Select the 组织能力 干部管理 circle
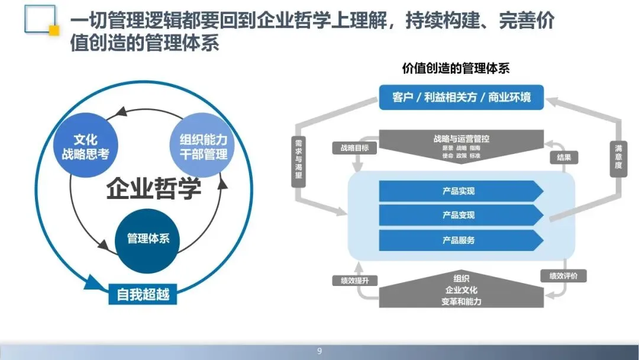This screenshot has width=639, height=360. click(203, 147)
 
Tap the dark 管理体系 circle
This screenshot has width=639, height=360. click(148, 239)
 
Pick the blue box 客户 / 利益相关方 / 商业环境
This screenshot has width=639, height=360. click(461, 97)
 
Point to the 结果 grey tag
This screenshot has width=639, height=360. click(563, 157)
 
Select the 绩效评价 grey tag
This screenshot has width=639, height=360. click(563, 276)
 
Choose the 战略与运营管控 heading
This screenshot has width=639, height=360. click(461, 139)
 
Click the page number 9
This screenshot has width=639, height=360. click(319, 352)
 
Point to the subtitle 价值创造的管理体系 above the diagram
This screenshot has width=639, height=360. click(456, 69)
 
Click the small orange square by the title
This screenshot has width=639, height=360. click(54, 30)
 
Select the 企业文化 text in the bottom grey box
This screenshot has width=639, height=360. click(461, 290)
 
